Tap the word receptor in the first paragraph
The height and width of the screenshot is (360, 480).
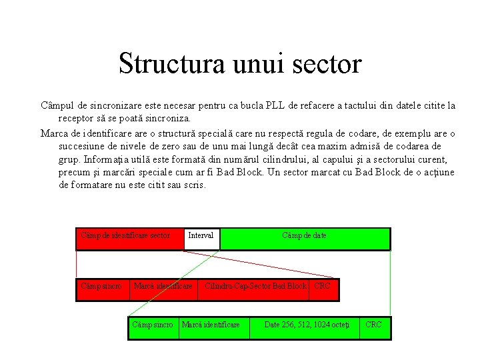point(79,119)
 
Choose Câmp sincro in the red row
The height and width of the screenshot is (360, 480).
point(101,287)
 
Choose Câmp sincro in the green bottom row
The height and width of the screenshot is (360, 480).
point(153,325)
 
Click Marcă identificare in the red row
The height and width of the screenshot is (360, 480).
point(163,287)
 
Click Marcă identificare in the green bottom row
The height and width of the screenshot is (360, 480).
point(211,325)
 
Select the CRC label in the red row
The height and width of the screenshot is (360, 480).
point(322,287)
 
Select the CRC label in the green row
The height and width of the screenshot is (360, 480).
point(373,325)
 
